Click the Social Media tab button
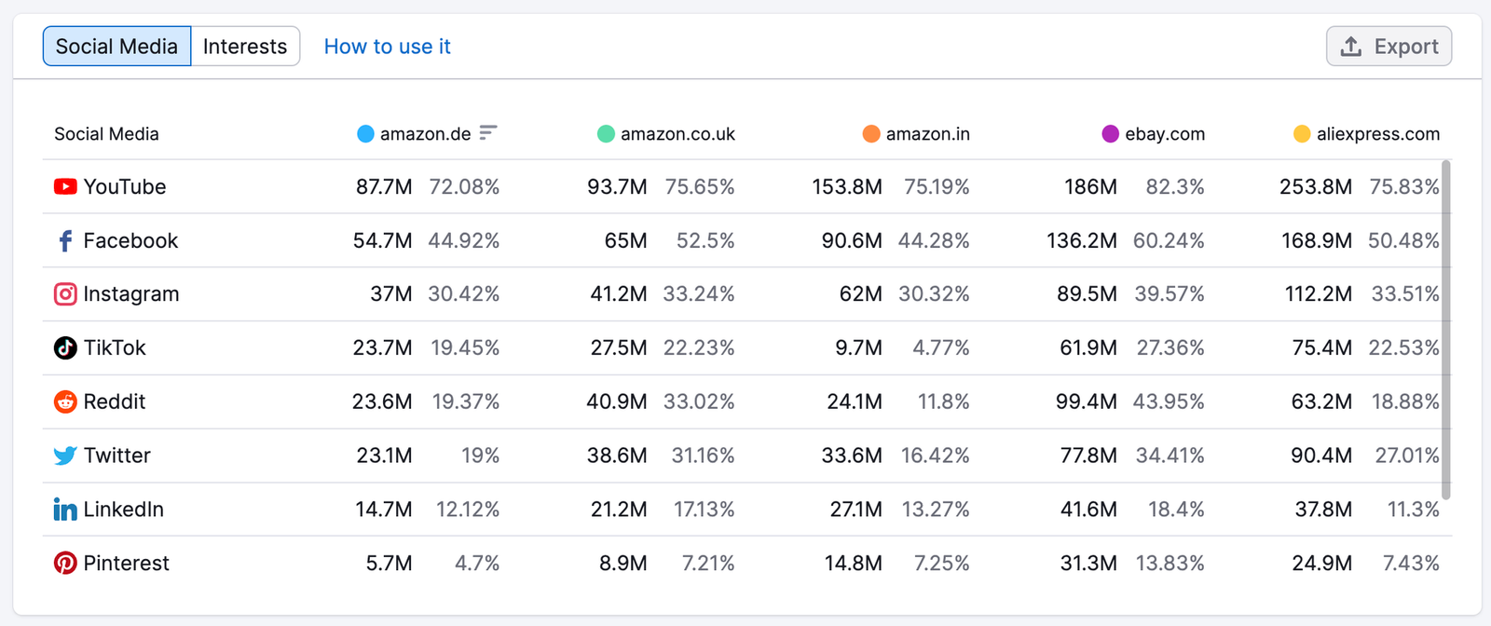(x=117, y=46)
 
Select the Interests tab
(x=245, y=46)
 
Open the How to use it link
(x=387, y=47)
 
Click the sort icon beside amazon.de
(x=488, y=133)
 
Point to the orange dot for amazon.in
(x=871, y=134)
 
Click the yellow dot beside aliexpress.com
(x=1302, y=134)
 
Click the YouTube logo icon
(x=65, y=186)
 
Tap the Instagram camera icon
(x=65, y=294)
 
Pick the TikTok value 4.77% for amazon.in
(x=940, y=347)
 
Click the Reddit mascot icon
(x=65, y=401)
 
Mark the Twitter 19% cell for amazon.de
(x=480, y=456)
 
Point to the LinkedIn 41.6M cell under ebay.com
(x=1089, y=510)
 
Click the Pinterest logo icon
(x=65, y=563)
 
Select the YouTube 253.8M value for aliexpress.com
(x=1315, y=187)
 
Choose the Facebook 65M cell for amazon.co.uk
(x=625, y=241)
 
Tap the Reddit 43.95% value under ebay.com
(x=1169, y=401)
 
